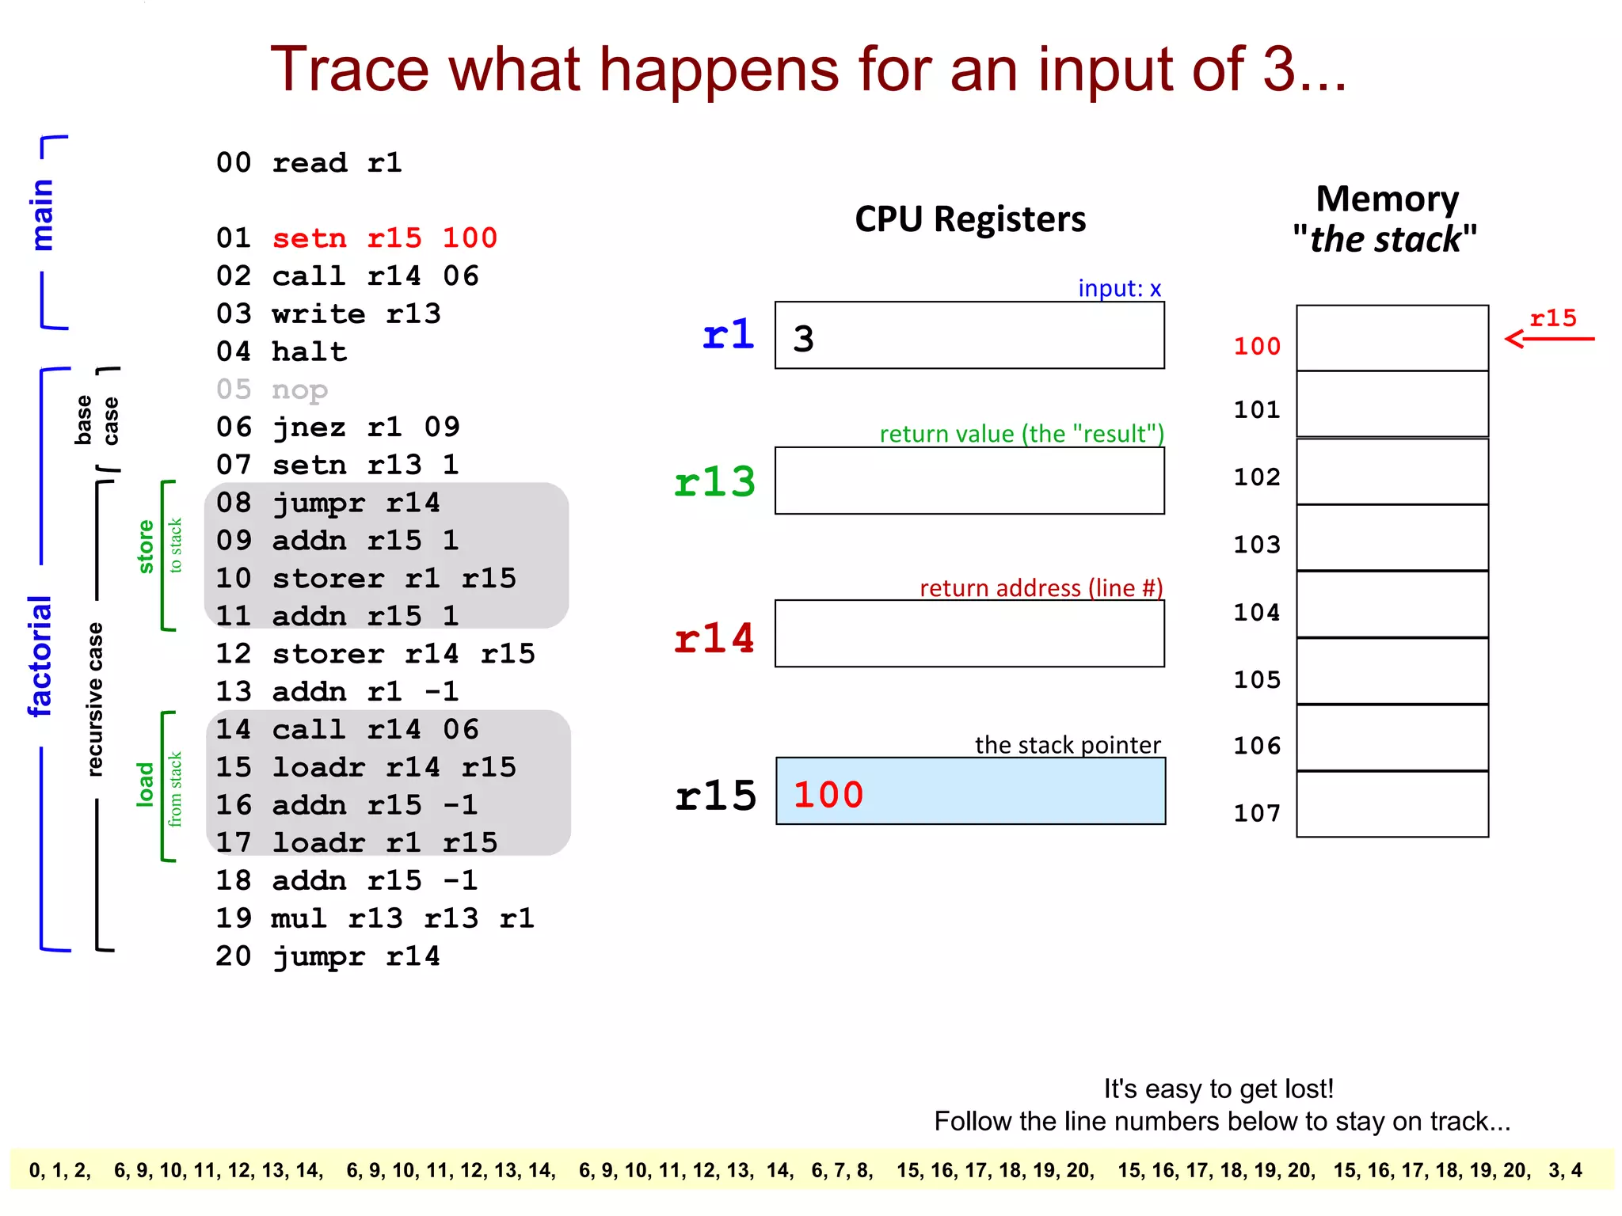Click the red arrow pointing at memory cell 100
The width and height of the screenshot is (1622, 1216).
[x=1548, y=339]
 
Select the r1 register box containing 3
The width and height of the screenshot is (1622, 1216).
[x=969, y=335]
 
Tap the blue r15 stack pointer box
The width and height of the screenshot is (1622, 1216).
[x=970, y=791]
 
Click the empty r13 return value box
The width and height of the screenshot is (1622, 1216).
[x=969, y=481]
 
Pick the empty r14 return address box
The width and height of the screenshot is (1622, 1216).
[x=969, y=633]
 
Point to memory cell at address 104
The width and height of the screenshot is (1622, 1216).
[x=1392, y=604]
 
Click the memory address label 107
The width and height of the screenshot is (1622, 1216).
[x=1257, y=813]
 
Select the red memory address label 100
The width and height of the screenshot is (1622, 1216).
[x=1257, y=346]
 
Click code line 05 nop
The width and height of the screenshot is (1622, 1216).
[x=272, y=389]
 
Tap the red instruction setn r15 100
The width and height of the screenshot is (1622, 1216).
[x=384, y=238]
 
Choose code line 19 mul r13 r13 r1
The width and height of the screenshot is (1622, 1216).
[x=375, y=918]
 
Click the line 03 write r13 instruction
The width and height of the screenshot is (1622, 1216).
[x=328, y=314]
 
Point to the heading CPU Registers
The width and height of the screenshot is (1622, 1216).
[x=970, y=219]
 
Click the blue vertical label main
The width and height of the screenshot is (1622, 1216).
[x=42, y=215]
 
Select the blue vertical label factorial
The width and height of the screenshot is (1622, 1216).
[x=40, y=656]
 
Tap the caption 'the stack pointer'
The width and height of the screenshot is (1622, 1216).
[x=1067, y=745]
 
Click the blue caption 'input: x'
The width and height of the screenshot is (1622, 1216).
[x=1119, y=288]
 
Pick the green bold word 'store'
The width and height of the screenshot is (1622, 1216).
[x=146, y=546]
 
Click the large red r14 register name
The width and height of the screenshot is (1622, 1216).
[x=714, y=638]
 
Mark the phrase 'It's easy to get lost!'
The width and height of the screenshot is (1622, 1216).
[x=1218, y=1089]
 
